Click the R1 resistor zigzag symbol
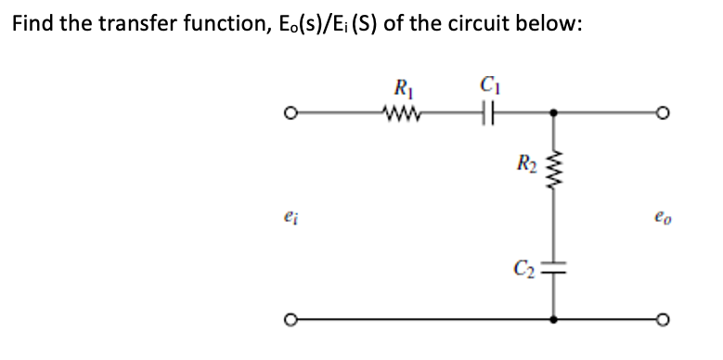[402, 114]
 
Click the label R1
[402, 92]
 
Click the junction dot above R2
[555, 115]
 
